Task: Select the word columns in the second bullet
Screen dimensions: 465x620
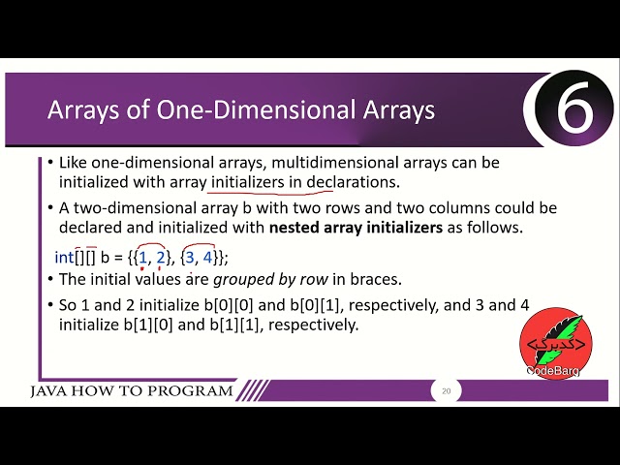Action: pos(479,208)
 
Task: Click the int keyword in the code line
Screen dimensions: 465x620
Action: pos(64,257)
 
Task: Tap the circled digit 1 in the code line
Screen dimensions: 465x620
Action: pos(143,257)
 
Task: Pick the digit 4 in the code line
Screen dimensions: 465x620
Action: pos(207,257)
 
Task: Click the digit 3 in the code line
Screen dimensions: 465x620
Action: pos(191,257)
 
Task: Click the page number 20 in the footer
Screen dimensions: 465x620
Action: pos(446,391)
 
